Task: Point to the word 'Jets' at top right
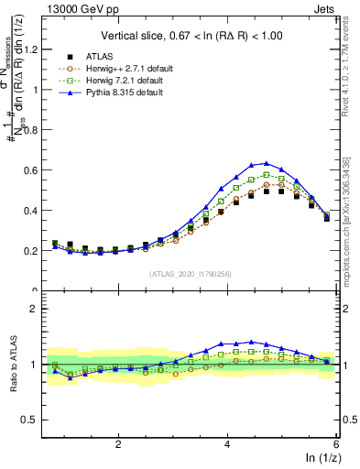point(325,8)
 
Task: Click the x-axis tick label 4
point(227,444)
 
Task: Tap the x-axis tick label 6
point(335,444)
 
